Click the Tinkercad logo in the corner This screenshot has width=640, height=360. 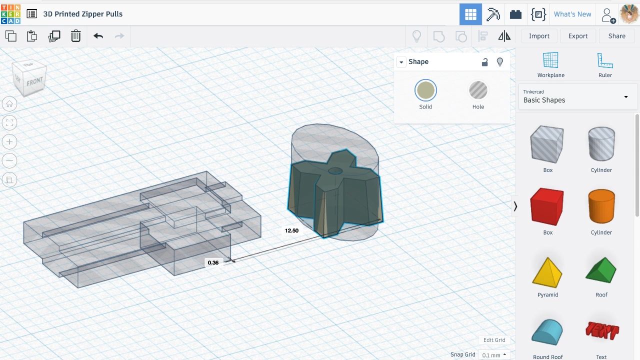tap(10, 14)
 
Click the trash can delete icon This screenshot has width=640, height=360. tap(75, 36)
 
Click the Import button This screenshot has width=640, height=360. tap(539, 36)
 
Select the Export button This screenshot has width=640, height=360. tap(578, 36)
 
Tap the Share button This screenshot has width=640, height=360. tap(616, 36)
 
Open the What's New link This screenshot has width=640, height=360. tap(572, 14)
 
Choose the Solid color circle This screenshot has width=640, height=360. tap(425, 90)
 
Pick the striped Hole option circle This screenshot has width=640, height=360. tap(478, 90)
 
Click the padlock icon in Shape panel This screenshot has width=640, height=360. tap(484, 62)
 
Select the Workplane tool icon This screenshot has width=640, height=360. tap(550, 60)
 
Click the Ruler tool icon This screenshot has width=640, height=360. tap(605, 60)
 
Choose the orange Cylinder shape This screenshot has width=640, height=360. tap(601, 206)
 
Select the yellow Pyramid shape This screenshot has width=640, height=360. tap(547, 272)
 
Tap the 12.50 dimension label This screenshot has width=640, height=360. tap(291, 230)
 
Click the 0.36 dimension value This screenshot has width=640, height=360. tap(213, 262)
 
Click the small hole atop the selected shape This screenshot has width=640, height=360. tap(335, 171)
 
